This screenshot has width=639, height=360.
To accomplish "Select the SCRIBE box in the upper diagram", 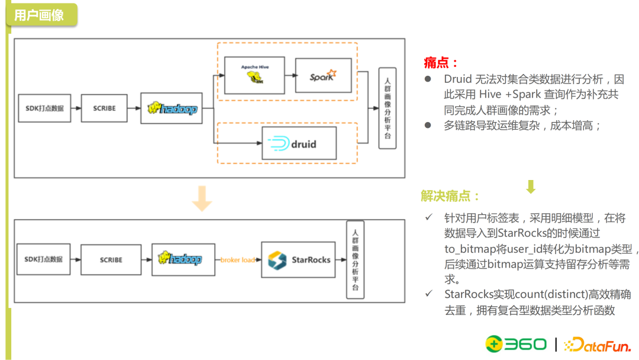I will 104,108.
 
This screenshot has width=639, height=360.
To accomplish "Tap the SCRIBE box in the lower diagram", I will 111,259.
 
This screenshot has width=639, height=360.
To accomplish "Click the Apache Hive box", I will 254,75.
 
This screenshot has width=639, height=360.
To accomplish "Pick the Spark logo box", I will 323,75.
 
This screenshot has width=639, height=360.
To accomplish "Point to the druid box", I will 299,144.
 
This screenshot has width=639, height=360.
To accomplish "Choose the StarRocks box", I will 301,259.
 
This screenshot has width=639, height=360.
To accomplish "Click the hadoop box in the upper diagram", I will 172,108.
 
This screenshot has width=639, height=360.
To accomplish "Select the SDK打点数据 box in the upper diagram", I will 44,108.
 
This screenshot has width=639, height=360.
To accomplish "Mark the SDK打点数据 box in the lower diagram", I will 44,259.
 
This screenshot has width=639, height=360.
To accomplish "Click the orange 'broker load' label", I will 237,260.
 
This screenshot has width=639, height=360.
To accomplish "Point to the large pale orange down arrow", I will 202,198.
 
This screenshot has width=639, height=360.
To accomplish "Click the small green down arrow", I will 531,187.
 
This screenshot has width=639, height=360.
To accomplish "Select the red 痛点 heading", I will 441,62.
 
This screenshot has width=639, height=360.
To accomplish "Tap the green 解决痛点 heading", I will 450,196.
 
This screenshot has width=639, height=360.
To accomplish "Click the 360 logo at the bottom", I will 516,344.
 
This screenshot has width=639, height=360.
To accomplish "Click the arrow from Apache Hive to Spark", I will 290,76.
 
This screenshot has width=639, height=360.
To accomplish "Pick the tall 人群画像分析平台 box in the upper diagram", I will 387,108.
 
